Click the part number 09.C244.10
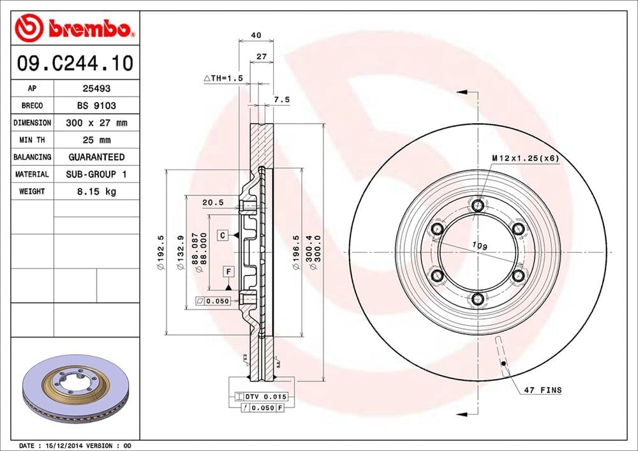[75, 64]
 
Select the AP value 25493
[96, 89]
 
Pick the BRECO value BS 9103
[96, 106]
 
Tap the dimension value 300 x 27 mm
[96, 122]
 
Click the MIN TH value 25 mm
[96, 140]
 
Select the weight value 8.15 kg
[96, 191]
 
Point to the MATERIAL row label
[32, 174]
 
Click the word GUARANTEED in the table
[96, 157]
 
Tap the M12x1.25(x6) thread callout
[524, 158]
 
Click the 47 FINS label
[542, 390]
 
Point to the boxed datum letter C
[222, 235]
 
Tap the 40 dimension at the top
[256, 36]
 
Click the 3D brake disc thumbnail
[75, 395]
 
